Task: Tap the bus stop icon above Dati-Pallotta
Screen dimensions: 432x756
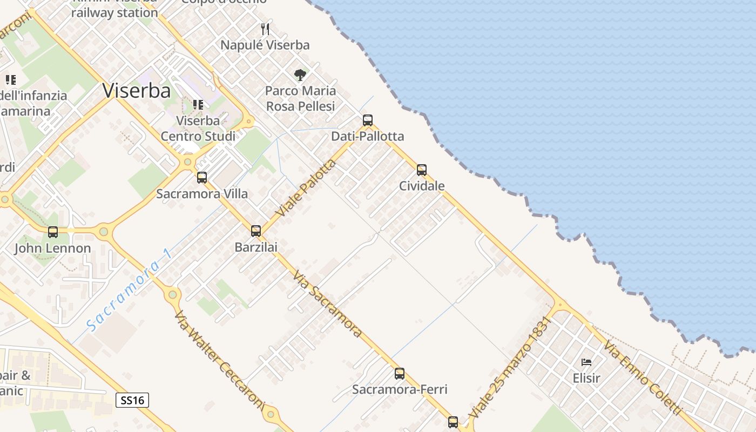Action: pos(368,120)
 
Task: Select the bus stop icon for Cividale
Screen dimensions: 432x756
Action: pos(422,170)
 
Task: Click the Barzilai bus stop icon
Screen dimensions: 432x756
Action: pos(256,231)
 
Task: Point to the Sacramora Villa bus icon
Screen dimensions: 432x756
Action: pos(202,177)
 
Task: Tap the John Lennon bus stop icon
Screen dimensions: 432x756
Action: pos(53,232)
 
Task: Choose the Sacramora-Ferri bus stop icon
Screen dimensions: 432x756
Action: pos(400,373)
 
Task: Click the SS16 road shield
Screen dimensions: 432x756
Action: pos(132,400)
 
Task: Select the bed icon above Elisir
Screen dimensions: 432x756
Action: pos(586,362)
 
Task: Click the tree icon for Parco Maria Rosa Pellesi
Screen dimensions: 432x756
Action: pos(300,75)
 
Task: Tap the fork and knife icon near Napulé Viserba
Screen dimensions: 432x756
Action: pos(265,29)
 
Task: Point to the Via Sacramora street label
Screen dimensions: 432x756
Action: pos(327,304)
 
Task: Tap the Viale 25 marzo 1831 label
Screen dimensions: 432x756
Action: pos(510,367)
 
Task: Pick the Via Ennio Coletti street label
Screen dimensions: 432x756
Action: pos(642,377)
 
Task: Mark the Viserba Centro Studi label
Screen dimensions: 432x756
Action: pos(198,128)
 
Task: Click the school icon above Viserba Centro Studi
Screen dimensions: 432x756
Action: pos(198,104)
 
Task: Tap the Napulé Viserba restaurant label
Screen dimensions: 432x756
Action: pos(265,45)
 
